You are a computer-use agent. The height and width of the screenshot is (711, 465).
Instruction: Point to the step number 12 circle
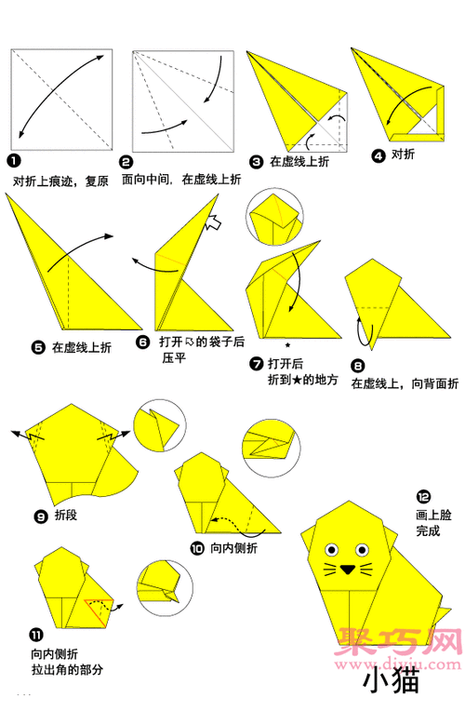tap(423, 495)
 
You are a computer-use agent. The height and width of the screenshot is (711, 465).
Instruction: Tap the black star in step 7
tap(288, 344)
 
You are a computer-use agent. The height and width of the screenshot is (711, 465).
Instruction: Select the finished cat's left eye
tap(330, 548)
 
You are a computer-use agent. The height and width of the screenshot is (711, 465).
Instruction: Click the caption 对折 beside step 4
tap(403, 154)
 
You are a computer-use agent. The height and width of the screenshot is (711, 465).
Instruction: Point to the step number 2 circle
tap(126, 161)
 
